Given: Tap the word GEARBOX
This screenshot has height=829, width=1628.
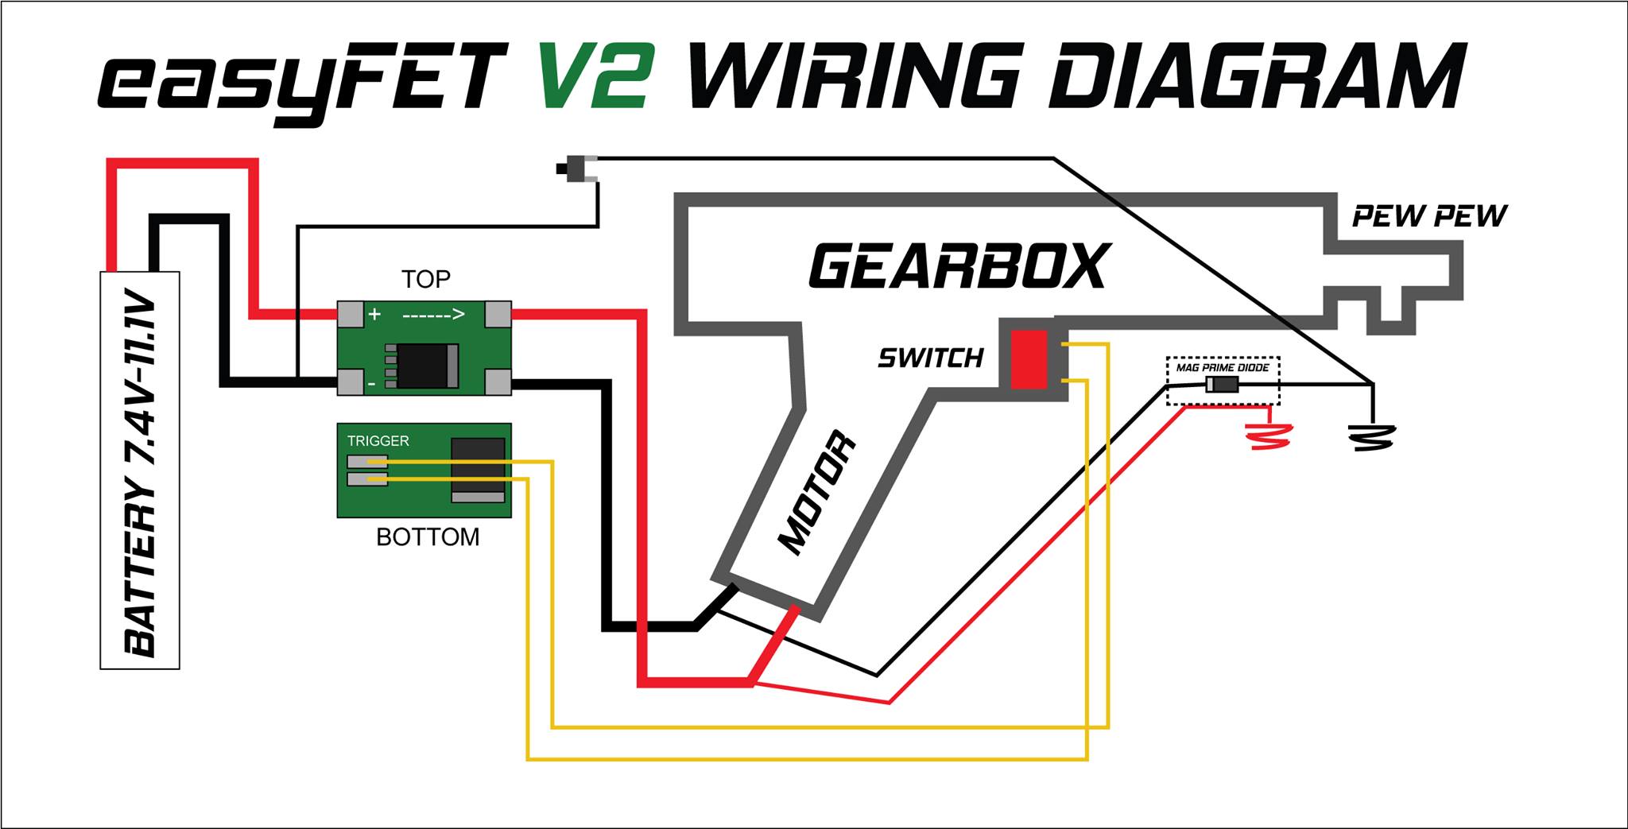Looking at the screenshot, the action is (x=959, y=265).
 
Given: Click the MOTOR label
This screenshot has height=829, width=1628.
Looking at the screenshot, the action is (x=818, y=494).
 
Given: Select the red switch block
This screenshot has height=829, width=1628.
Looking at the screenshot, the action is (x=1029, y=359).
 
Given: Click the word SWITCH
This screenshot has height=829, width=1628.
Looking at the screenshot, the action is (x=931, y=358).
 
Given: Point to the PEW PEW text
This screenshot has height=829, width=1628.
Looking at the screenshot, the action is (x=1430, y=216).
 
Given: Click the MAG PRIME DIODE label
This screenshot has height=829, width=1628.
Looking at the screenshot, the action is (x=1223, y=368).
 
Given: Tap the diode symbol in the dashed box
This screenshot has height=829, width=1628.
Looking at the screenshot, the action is (x=1222, y=385).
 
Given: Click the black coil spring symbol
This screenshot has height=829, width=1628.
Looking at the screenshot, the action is (x=1370, y=436).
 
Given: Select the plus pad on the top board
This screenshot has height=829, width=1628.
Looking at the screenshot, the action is (x=351, y=315).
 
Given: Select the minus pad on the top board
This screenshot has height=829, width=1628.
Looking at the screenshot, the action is (x=351, y=382).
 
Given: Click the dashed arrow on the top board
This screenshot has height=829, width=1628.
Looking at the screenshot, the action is (x=433, y=315).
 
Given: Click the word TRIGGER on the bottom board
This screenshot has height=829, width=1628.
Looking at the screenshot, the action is (x=378, y=440).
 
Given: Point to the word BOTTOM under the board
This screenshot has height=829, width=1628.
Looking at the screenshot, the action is (x=428, y=537).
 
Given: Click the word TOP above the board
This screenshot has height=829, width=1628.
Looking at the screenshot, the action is (x=426, y=279).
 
